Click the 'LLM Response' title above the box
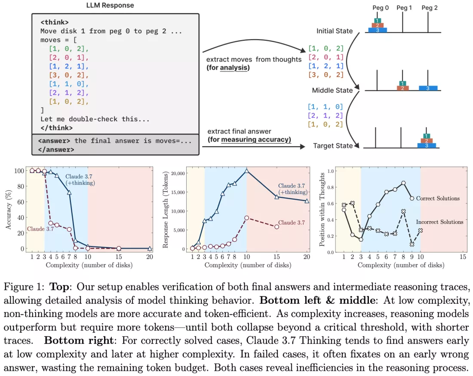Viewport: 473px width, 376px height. tap(110, 5)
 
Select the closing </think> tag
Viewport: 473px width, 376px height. tap(57, 128)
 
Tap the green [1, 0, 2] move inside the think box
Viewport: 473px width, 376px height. tap(69, 49)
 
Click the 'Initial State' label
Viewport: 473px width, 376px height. tap(335, 31)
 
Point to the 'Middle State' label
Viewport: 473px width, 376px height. tap(332, 90)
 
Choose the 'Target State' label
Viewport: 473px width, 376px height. tap(333, 146)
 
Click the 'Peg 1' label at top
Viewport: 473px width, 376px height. tap(404, 8)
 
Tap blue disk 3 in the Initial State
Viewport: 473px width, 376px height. tap(378, 30)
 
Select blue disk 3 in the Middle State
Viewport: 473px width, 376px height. tap(428, 88)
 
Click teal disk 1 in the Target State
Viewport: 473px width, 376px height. tap(426, 136)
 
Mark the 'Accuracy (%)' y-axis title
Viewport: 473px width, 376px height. tap(9, 210)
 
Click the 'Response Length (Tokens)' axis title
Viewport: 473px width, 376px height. tap(165, 210)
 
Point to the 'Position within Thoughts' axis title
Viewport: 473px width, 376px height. tap(322, 210)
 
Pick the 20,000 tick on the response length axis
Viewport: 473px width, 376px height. tap(178, 173)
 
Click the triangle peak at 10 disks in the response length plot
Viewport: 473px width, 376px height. tap(247, 171)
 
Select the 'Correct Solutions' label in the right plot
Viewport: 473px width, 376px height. tap(438, 198)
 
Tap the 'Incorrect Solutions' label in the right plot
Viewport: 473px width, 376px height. tap(439, 222)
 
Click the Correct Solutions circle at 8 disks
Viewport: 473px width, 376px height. tap(403, 183)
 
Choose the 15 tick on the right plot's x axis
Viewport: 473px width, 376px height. tap(463, 257)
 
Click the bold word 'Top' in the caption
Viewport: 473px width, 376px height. tap(60, 287)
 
